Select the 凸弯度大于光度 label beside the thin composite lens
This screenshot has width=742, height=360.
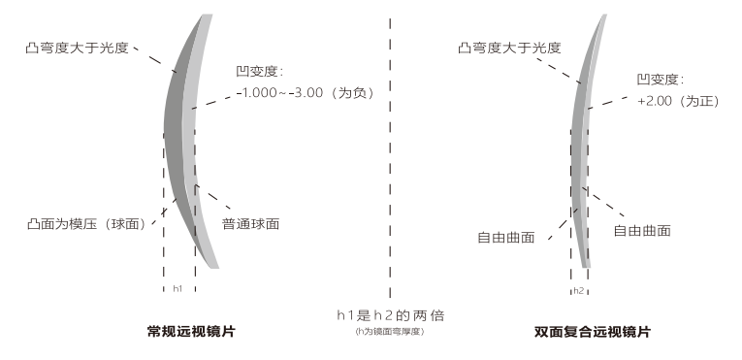click(512, 46)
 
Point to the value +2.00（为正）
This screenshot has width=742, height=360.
click(677, 101)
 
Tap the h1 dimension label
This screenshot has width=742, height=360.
click(178, 289)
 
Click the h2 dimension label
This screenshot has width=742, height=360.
click(578, 289)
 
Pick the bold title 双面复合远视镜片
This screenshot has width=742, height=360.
click(592, 332)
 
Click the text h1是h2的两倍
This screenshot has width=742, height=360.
click(390, 315)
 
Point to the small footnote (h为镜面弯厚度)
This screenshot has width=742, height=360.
click(390, 332)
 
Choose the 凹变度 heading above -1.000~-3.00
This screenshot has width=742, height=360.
click(259, 72)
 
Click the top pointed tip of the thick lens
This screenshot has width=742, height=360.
click(210, 16)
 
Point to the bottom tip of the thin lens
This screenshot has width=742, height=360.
click(586, 265)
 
